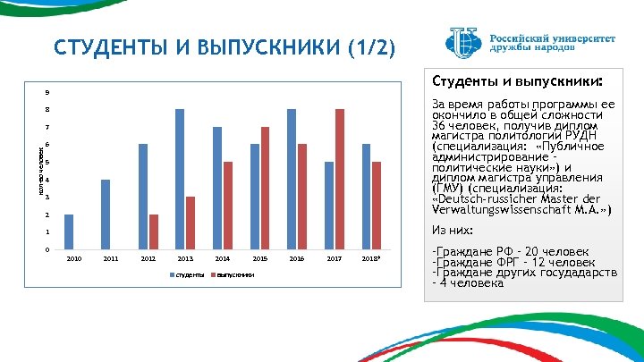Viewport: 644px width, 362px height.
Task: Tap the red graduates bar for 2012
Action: [153, 232]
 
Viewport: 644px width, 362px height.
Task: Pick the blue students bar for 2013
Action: [180, 179]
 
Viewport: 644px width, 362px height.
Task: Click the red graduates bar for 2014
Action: [228, 206]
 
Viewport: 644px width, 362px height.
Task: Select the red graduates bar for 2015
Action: [265, 188]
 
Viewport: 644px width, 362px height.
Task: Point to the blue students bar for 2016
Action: [292, 179]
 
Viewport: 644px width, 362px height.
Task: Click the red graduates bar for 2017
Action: [340, 179]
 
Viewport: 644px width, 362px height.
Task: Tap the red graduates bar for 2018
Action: [377, 206]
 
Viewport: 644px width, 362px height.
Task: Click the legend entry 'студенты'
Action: [187, 274]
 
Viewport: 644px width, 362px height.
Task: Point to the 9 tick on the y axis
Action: [47, 93]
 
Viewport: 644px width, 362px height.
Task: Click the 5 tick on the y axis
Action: [47, 163]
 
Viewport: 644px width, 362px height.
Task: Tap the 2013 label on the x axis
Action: [185, 257]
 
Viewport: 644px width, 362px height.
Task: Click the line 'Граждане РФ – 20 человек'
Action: [511, 252]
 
